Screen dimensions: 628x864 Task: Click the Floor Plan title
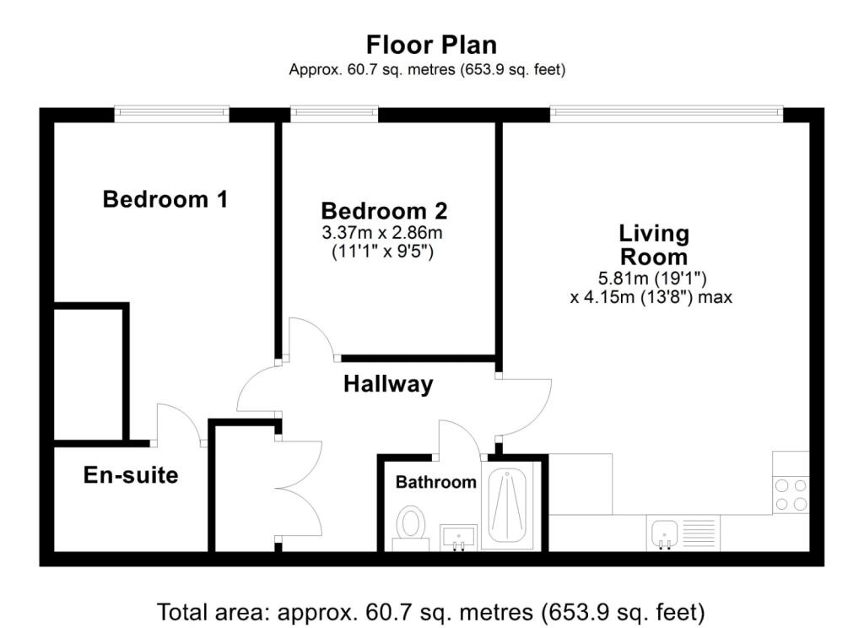pos(431,44)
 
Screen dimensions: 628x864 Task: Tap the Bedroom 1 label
pos(165,200)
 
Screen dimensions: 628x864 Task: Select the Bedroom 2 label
pos(384,210)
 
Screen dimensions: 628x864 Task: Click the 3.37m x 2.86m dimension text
pos(384,232)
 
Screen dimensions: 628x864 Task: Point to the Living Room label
pos(654,244)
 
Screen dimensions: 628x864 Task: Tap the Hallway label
pos(388,385)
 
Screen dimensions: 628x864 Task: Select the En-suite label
pos(131,475)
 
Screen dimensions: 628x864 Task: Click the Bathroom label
pos(436,483)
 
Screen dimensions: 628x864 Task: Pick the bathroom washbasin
pos(459,536)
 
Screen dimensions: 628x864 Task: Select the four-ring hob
pos(791,495)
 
